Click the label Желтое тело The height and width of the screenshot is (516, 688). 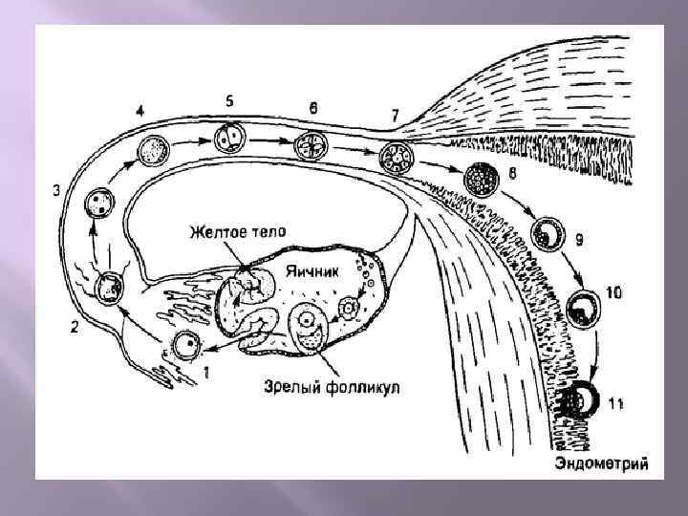pyautogui.click(x=237, y=230)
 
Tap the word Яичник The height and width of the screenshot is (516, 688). pyautogui.click(x=307, y=270)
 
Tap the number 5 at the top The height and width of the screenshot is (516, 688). pyautogui.click(x=229, y=99)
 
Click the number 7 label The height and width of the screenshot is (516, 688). pyautogui.click(x=395, y=115)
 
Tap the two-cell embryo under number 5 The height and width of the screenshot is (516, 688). pyautogui.click(x=227, y=139)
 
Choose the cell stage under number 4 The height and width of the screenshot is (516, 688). pyautogui.click(x=153, y=149)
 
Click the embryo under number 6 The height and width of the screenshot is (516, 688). pyautogui.click(x=312, y=144)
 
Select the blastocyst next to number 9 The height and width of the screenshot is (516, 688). pyautogui.click(x=548, y=232)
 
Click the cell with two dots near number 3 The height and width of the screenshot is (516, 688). pyautogui.click(x=97, y=204)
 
